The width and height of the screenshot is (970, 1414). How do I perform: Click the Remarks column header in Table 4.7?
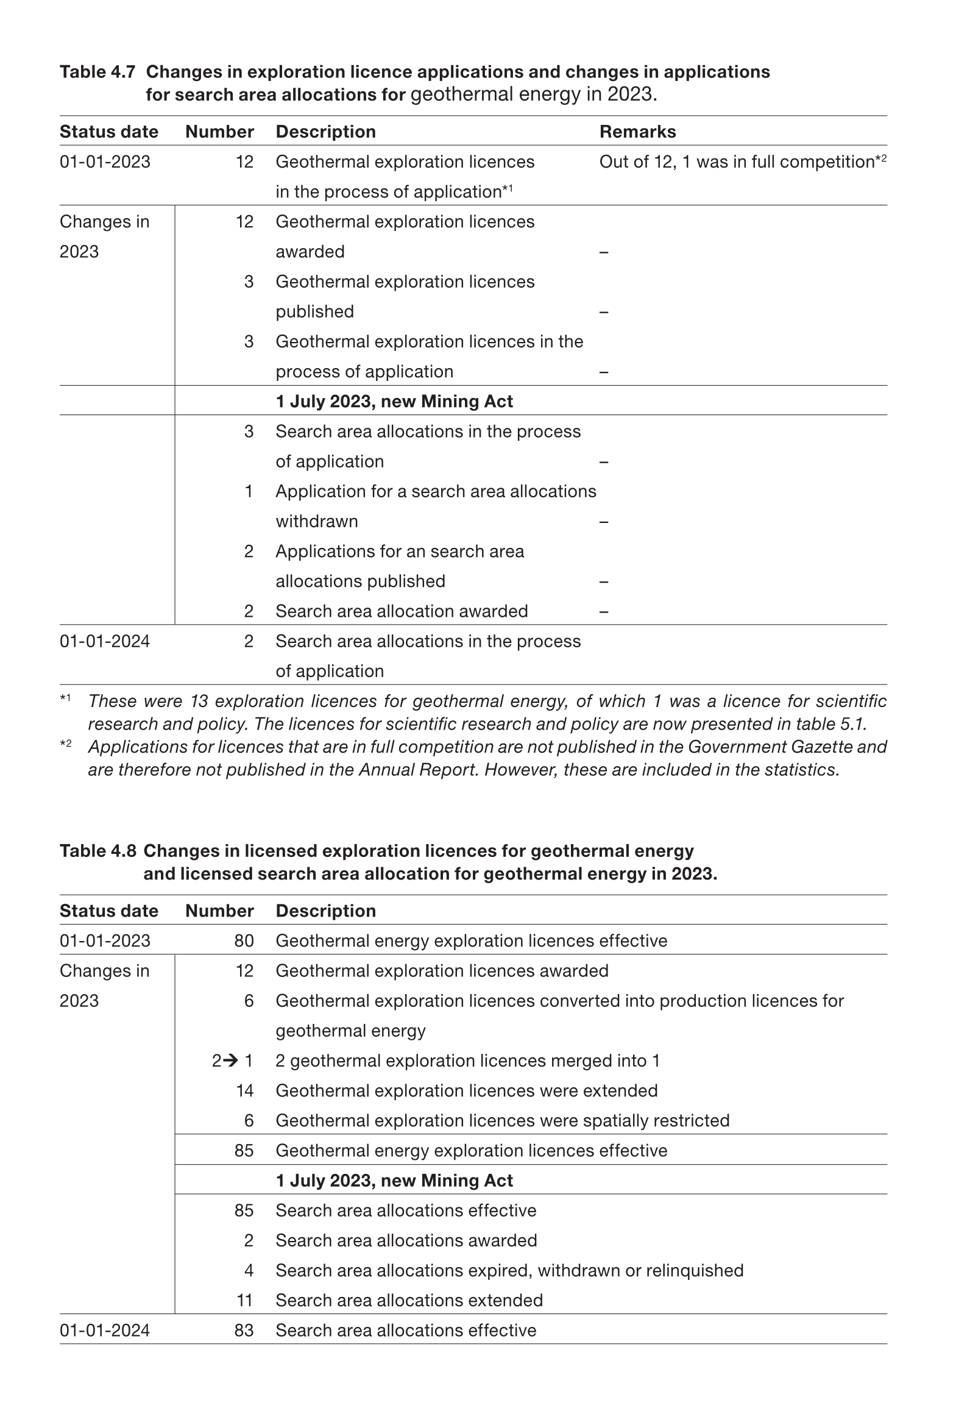pos(637,132)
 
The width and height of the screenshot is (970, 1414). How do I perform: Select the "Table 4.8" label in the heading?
pos(97,851)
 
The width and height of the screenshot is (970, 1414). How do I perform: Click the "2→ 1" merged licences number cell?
pos(232,1060)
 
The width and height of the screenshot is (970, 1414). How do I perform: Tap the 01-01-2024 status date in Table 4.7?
pos(105,641)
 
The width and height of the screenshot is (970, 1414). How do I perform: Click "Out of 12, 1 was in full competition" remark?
pos(737,162)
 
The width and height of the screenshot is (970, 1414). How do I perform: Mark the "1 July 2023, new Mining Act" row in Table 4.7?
pos(394,401)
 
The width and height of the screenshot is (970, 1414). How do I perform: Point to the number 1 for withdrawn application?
pos(249,491)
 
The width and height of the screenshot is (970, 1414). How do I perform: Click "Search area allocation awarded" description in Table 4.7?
pos(402,611)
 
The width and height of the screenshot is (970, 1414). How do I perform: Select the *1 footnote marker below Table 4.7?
pos(65,698)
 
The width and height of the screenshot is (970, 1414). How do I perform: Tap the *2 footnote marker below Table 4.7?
pos(65,744)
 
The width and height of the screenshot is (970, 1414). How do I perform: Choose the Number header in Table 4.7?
pos(219,132)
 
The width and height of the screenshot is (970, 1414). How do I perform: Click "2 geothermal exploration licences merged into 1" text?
pos(467,1060)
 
